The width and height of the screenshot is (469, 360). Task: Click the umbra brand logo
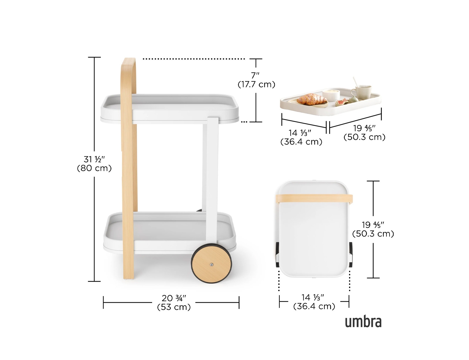click(x=363, y=322)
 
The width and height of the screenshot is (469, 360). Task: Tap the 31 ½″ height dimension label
click(x=94, y=159)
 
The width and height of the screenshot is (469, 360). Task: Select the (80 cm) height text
click(x=94, y=168)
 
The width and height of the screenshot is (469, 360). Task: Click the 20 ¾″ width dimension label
click(x=174, y=298)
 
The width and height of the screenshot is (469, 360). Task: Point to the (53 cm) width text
click(x=174, y=307)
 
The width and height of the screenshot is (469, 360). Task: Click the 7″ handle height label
click(x=255, y=75)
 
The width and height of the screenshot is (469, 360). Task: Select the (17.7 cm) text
click(x=256, y=84)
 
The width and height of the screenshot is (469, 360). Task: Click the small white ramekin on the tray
click(x=331, y=95)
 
